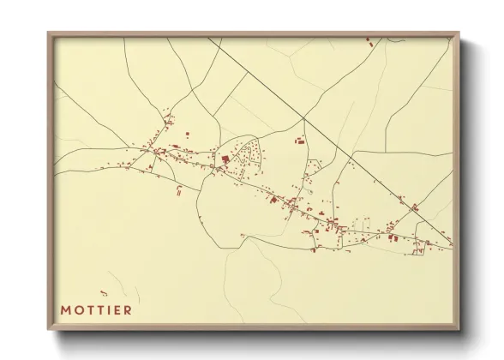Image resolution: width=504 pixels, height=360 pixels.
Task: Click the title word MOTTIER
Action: click(x=96, y=309)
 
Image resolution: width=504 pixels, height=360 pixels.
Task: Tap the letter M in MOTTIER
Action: click(x=65, y=309)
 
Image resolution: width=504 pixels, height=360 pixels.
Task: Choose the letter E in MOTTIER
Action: click(x=117, y=309)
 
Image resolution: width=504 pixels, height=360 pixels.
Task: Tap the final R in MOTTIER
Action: click(x=128, y=309)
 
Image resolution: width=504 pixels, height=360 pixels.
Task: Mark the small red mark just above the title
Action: click(x=104, y=293)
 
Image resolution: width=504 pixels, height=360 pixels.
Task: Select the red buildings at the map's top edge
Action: click(x=370, y=40)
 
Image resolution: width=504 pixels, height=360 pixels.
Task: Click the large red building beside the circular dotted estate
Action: click(x=225, y=159)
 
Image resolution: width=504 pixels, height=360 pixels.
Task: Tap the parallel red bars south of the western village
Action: click(x=177, y=190)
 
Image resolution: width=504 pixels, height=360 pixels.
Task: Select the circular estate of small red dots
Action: click(x=249, y=154)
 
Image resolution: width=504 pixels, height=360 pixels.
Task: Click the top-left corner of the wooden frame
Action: click(x=49, y=33)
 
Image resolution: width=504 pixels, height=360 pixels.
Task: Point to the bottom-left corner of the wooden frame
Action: click(x=49, y=329)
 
